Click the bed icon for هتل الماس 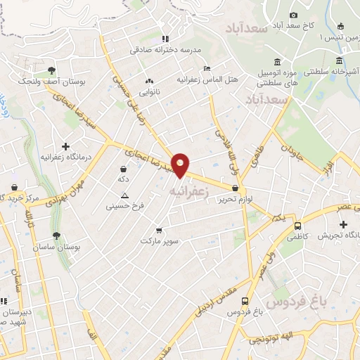pyautogui.click(x=206, y=68)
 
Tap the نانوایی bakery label pyautogui.click(x=149, y=91)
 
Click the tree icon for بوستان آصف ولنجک pyautogui.click(x=51, y=70)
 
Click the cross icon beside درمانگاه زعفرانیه pyautogui.click(x=65, y=146)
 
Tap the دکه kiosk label pyautogui.click(x=124, y=179)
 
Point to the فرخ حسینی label pyautogui.click(x=124, y=206)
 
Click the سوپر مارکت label pyautogui.click(x=160, y=240)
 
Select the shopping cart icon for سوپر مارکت pyautogui.click(x=160, y=229)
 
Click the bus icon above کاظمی pyautogui.click(x=298, y=226)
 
